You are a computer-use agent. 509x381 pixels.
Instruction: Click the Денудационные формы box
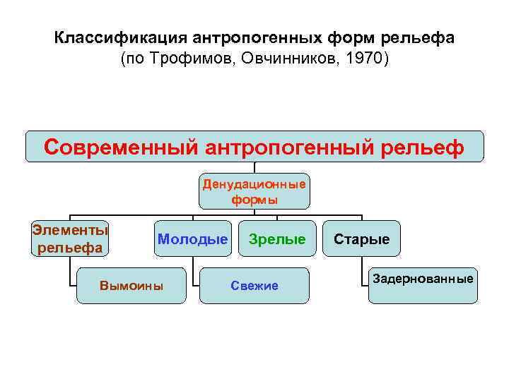pos(255,192)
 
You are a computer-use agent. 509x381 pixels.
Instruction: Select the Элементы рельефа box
pos(70,238)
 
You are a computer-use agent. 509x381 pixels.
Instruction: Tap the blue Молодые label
pos(192,239)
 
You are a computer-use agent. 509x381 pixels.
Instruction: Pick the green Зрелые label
pos(277,239)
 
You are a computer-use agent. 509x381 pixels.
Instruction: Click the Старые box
pos(361,239)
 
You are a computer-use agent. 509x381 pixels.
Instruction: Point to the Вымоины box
pos(131,286)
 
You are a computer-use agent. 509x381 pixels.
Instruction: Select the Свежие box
pos(255,286)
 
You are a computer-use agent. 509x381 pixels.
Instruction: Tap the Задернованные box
pos(423,279)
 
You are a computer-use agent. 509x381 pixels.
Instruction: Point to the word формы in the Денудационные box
pos(255,200)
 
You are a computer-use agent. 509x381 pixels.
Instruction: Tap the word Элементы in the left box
pos(70,230)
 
